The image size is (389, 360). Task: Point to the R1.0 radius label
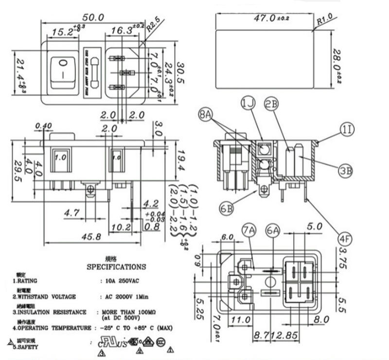(x=324, y=21)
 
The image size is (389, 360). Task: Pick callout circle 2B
(x=271, y=103)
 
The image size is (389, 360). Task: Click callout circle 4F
(x=345, y=238)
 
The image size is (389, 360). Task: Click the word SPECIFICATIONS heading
(x=116, y=267)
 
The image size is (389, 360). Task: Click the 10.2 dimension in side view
(x=119, y=226)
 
